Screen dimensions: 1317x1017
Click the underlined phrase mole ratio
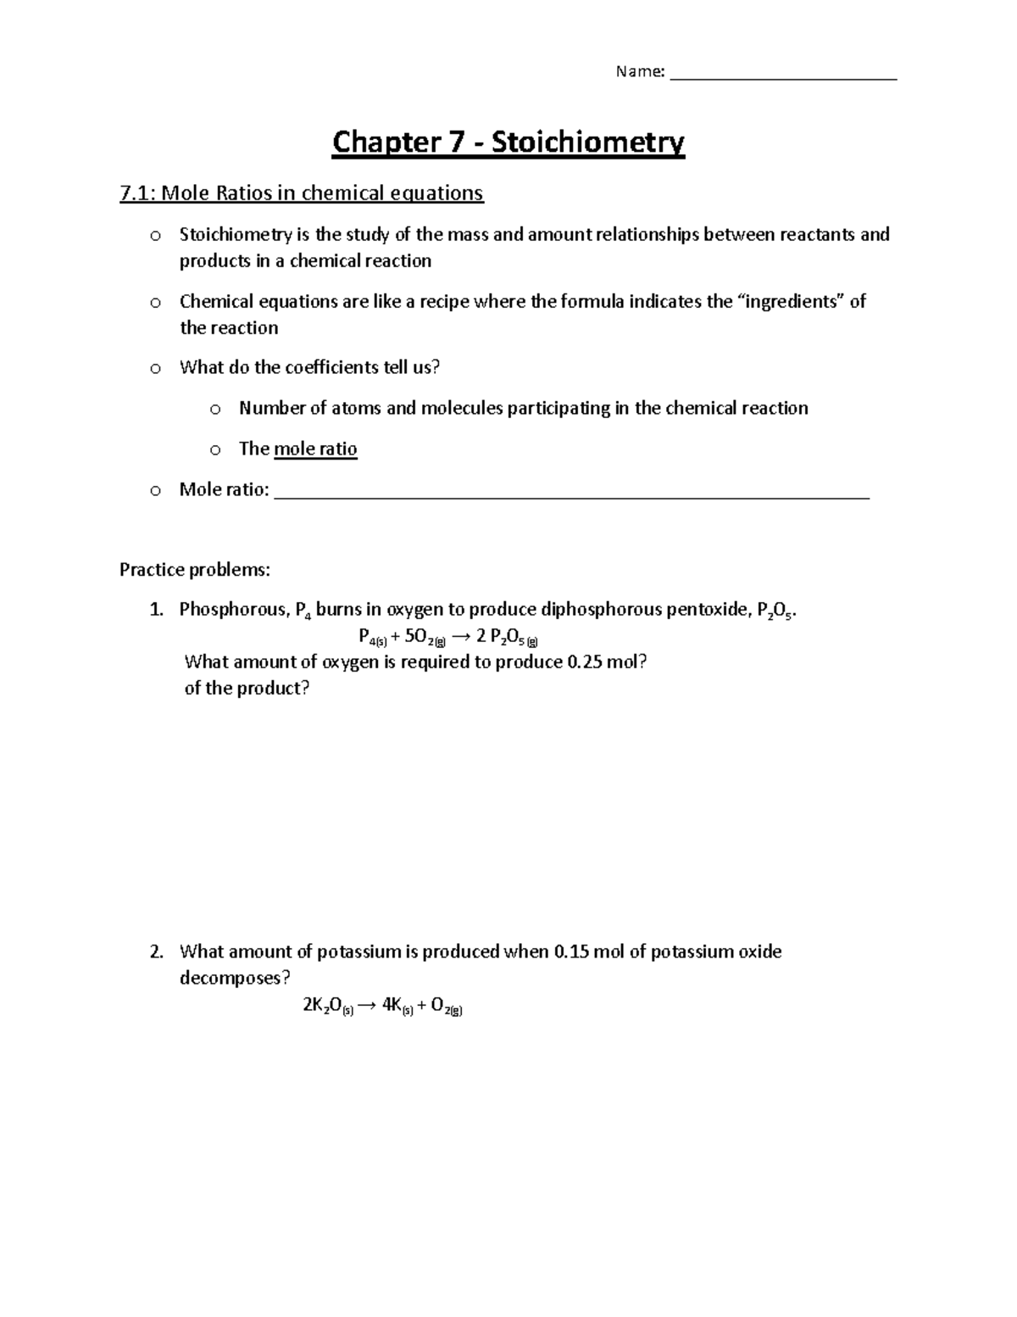point(315,449)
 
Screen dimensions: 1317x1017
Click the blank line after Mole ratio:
point(573,492)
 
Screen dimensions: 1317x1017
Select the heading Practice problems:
point(195,570)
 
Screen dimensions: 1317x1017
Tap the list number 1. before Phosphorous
point(156,610)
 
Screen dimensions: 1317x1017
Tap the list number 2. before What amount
point(156,951)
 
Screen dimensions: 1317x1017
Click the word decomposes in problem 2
point(230,978)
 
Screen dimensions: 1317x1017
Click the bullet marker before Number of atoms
point(214,410)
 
